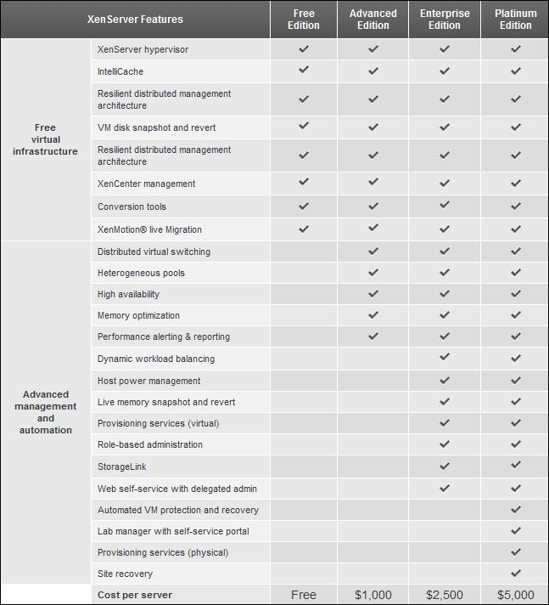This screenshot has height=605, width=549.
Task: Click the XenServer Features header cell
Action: pos(135,20)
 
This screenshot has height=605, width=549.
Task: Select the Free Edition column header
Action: pos(304,20)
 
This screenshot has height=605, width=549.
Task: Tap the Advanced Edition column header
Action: pos(373,20)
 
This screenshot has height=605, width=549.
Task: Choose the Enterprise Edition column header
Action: pos(445,20)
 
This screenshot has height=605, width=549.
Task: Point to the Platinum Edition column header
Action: pos(515,20)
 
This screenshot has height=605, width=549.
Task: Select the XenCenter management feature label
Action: pos(146,184)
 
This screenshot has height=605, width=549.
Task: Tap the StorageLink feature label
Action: pos(121,466)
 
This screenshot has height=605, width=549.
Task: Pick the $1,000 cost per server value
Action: pos(373,595)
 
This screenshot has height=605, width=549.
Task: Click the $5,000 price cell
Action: pos(515,595)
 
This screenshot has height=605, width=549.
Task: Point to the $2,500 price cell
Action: pos(445,595)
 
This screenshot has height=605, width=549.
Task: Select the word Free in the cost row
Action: pos(304,595)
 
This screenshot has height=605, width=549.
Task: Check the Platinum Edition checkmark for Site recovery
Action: pos(515,574)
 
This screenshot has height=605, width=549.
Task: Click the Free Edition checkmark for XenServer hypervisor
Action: pos(304,49)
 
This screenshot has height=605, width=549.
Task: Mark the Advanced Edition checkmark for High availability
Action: pos(373,294)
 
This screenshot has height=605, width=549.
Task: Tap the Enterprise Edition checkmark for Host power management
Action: pos(445,381)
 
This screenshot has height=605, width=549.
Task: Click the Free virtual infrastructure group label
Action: pos(45,139)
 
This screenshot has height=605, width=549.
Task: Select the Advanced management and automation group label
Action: pos(46,412)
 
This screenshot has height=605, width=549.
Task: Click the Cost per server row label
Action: pos(134,595)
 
